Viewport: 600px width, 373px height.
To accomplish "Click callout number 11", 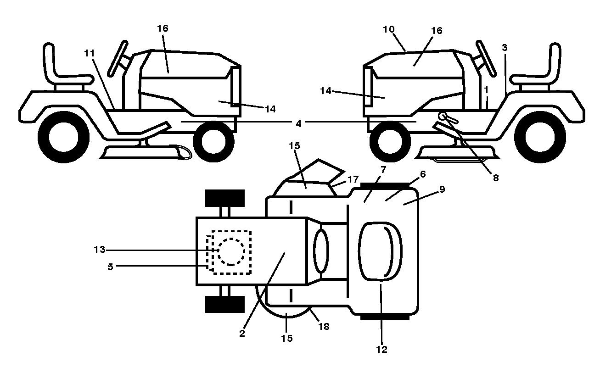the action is pyautogui.click(x=90, y=54).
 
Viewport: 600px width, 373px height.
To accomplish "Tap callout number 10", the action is pyautogui.click(x=389, y=29).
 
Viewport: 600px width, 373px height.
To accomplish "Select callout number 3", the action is pyautogui.click(x=505, y=48).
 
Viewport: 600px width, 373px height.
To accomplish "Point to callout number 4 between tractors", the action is pyautogui.click(x=298, y=123).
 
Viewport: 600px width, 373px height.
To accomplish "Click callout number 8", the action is pyautogui.click(x=496, y=178).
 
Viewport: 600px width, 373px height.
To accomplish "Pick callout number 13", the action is pyautogui.click(x=99, y=250).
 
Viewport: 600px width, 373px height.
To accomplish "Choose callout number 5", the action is pyautogui.click(x=110, y=267).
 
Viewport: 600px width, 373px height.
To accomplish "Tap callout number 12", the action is pyautogui.click(x=381, y=350).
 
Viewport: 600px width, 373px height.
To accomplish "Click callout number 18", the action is pyautogui.click(x=324, y=326).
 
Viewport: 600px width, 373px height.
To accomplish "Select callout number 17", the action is pyautogui.click(x=353, y=179).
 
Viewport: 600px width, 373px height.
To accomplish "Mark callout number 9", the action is pyautogui.click(x=442, y=189).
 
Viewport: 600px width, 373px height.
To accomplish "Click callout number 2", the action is pyautogui.click(x=242, y=334).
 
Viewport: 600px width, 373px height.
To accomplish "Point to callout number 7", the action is pyautogui.click(x=383, y=169).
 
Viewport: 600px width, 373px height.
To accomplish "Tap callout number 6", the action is pyautogui.click(x=423, y=174).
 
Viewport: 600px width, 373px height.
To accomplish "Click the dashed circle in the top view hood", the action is pyautogui.click(x=231, y=252).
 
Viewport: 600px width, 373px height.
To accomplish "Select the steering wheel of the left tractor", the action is pyautogui.click(x=118, y=58).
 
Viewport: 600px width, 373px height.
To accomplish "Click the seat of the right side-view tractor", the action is pyautogui.click(x=536, y=67).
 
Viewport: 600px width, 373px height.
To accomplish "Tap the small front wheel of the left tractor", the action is pyautogui.click(x=213, y=141).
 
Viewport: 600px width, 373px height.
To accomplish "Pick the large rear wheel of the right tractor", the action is pyautogui.click(x=540, y=137).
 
